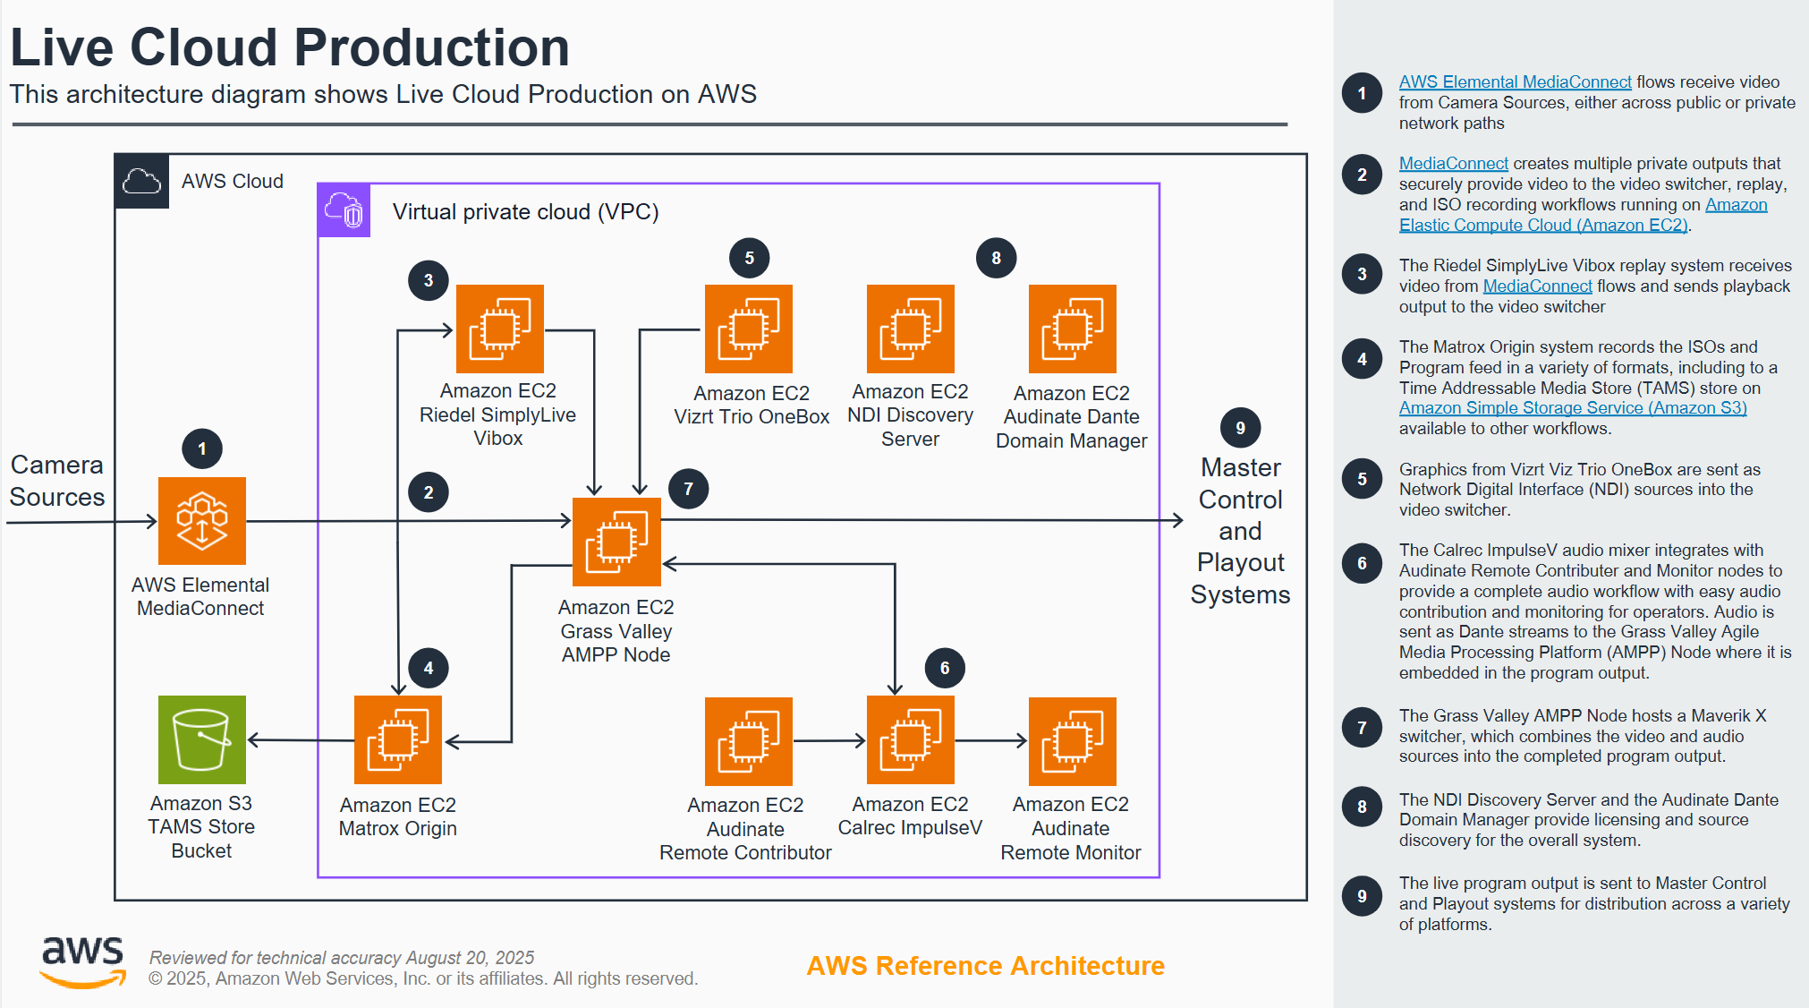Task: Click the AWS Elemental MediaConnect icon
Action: [x=202, y=521]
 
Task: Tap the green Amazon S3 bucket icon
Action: [x=202, y=739]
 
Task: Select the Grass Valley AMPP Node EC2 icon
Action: [x=616, y=542]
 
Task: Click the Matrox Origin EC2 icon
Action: [x=398, y=739]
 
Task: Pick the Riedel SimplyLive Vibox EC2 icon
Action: [x=499, y=329]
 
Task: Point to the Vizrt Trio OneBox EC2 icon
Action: [x=748, y=329]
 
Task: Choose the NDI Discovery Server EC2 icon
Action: [x=910, y=329]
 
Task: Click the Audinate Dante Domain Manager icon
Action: [x=1072, y=329]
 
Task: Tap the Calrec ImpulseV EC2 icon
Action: [x=910, y=740]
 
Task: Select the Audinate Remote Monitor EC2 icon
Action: [x=1072, y=740]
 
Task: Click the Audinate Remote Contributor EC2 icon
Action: [x=748, y=740]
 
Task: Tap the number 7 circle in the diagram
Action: [x=688, y=489]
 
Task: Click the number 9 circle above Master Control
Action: [x=1240, y=428]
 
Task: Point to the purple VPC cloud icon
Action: [x=344, y=211]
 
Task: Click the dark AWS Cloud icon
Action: [x=142, y=182]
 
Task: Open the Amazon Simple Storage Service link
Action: [x=1572, y=408]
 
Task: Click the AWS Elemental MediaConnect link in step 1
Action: [x=1515, y=82]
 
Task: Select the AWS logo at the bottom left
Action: [x=83, y=961]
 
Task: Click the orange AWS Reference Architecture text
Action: [x=985, y=966]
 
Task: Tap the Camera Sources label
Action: [x=57, y=481]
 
